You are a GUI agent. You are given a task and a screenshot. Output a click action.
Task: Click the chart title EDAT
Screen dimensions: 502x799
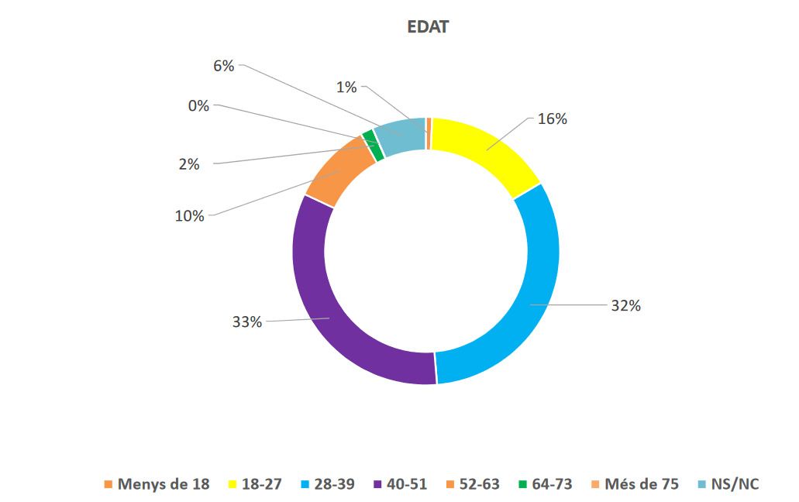pos(428,27)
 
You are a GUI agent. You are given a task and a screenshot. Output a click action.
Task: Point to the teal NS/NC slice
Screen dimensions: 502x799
pos(400,136)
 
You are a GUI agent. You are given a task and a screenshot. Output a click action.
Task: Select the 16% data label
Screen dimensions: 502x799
pos(553,119)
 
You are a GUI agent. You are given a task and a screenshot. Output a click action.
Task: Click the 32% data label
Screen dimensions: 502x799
pos(625,305)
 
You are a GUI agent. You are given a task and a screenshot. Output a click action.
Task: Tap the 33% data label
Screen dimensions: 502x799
pos(246,321)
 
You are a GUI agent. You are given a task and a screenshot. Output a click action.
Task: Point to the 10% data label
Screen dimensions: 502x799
pos(189,216)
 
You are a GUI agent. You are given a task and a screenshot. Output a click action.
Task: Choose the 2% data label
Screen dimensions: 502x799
pos(188,164)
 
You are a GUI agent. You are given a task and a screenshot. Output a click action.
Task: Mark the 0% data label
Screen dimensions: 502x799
pos(198,106)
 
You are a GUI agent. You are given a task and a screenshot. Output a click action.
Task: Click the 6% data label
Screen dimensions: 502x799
pos(223,66)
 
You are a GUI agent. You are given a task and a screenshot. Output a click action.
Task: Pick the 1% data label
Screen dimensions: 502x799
pos(346,88)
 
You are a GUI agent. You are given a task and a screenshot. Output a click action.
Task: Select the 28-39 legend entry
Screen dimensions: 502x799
pos(329,484)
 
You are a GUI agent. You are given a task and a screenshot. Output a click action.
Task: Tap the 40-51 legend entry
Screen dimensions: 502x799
pos(401,484)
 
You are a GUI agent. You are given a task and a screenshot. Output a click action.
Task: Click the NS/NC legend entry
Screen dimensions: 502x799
pos(729,484)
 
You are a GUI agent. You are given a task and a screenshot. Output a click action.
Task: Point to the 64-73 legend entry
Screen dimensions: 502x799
pos(546,484)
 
